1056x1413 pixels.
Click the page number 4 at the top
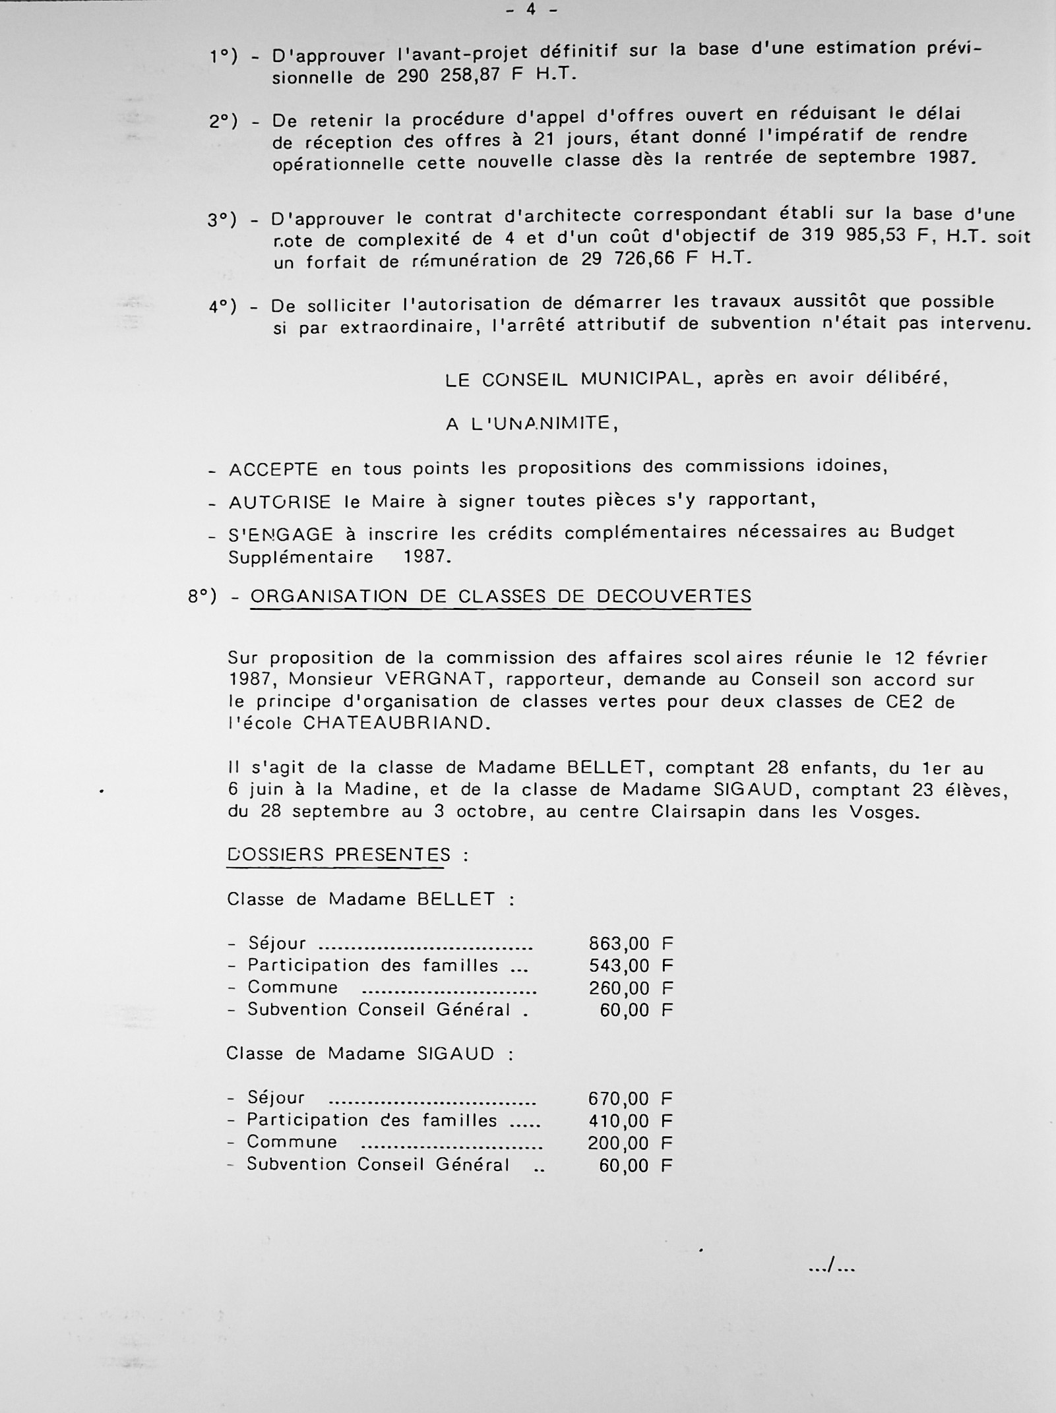pos(530,10)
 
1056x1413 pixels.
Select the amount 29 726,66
pos(628,259)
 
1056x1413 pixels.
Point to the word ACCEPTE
pos(273,470)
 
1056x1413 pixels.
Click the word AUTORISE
pos(280,502)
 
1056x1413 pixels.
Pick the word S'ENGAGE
pos(280,535)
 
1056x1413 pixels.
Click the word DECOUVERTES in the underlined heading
pos(673,597)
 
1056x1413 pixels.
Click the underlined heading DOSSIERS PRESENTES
pos(338,855)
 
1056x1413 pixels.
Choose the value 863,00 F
pos(631,944)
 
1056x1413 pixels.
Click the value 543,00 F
pos(631,966)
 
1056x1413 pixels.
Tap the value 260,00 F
pos(631,988)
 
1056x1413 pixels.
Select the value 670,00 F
pos(630,1098)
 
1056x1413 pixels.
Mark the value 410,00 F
pos(630,1121)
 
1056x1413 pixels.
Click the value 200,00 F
pos(630,1143)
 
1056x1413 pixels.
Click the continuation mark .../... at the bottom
pos(831,1266)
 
